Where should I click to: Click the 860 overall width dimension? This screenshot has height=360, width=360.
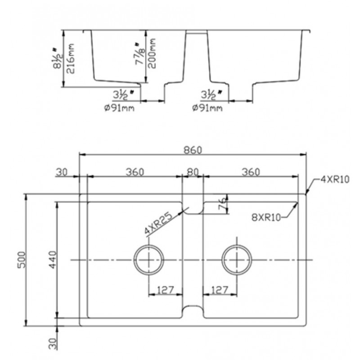coord(193,150)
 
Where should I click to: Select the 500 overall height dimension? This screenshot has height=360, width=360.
coord(22,260)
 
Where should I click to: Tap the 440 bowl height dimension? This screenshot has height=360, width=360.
coord(53,260)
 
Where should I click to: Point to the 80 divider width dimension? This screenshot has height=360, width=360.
coord(193,172)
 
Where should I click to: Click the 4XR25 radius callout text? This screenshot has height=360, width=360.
coord(158,223)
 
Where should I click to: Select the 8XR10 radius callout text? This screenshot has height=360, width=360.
coord(266,217)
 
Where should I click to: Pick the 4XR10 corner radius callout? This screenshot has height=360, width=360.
coord(335,179)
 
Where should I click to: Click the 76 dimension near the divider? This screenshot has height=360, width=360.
coord(222,204)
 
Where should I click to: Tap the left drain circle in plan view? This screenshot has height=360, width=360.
coord(149,260)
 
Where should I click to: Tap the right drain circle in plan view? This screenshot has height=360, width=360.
coord(237,260)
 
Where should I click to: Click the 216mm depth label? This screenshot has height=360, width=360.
coord(71,58)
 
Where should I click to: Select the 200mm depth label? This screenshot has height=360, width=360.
coord(152,53)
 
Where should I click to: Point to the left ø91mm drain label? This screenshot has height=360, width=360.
coord(119,108)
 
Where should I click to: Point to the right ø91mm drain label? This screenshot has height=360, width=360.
coord(207,108)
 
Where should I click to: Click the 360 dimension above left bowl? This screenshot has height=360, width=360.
coord(135,172)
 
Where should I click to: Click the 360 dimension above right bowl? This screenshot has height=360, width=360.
coord(251,172)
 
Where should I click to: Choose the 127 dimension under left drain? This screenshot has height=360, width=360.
coord(166,290)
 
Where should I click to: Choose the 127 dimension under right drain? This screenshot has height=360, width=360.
coord(220,290)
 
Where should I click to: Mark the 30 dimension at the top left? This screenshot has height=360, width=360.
coord(62,172)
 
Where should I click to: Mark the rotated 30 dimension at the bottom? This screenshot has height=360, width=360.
coord(53,343)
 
